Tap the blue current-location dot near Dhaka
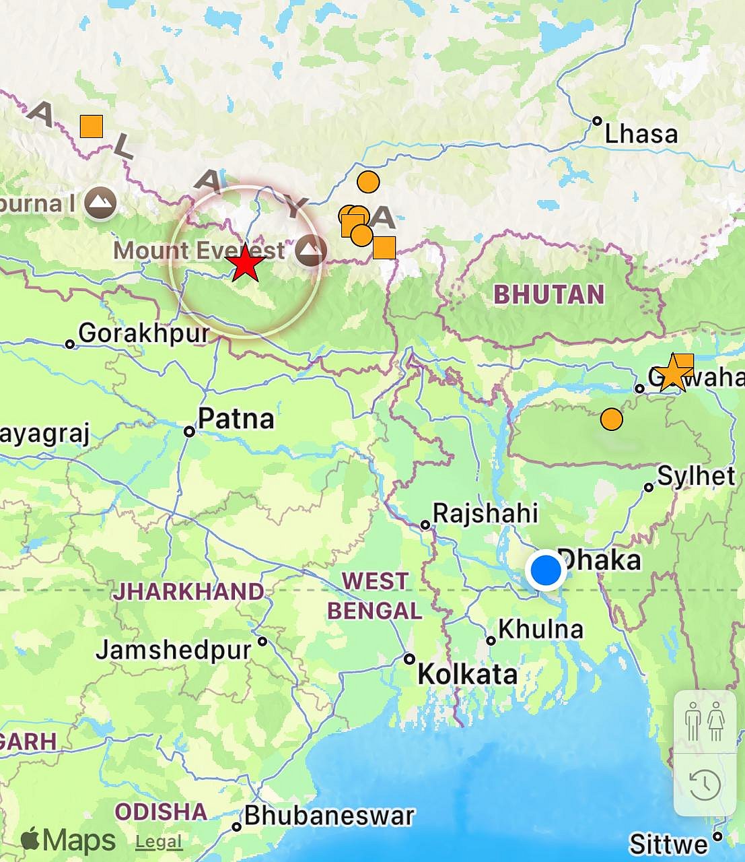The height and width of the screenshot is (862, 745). pos(545,570)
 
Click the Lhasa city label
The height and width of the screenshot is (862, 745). pos(641,134)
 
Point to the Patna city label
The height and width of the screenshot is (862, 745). pos(236,419)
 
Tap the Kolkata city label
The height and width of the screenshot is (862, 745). pos(468,674)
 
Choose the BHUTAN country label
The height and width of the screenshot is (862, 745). pos(549,294)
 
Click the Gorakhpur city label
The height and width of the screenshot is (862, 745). pos(144,333)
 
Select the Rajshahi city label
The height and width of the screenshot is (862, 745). pos(485,513)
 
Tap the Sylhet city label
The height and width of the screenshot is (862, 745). pos(696,476)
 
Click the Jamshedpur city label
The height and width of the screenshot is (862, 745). pos(174,651)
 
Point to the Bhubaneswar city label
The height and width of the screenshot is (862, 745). pos(329,816)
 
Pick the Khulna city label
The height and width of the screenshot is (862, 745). pos(540,629)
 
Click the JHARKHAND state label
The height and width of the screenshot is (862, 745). pos(188,591)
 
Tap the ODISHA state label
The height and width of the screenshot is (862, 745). pos(161,811)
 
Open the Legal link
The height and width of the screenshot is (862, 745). pos(159,841)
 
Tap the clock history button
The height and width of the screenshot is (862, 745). pos(705,785)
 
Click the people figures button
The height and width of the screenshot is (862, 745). pos(705,721)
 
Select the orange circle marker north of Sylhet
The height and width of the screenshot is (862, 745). pos(611,419)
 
